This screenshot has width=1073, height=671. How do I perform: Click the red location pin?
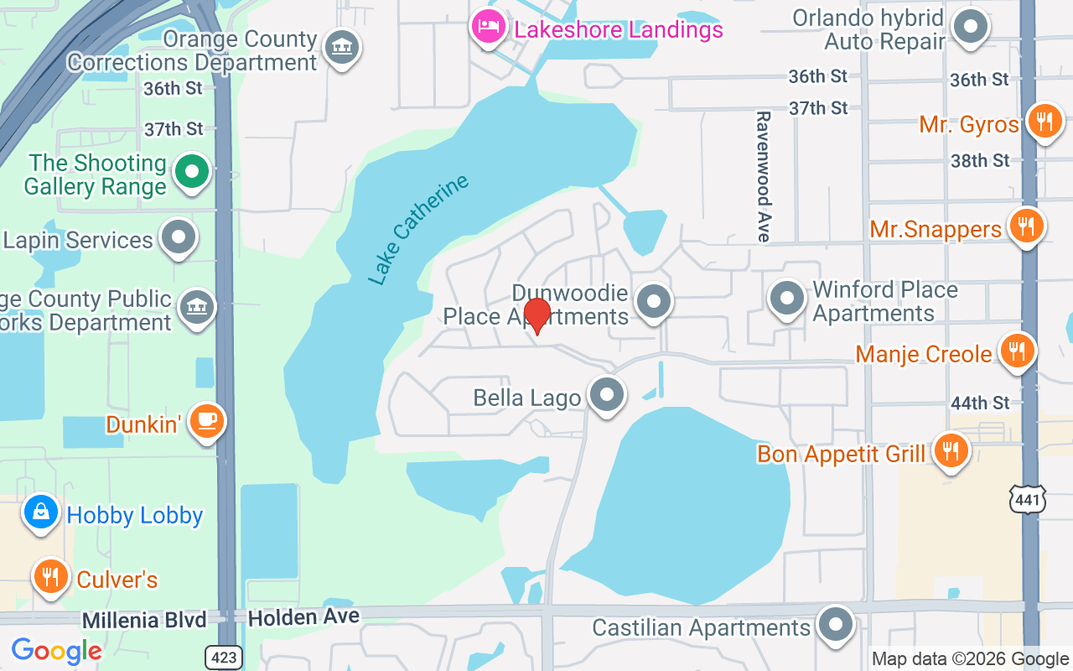pos(536,315)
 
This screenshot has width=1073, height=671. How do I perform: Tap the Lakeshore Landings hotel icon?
pos(487,27)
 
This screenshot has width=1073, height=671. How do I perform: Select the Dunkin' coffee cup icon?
pos(206,421)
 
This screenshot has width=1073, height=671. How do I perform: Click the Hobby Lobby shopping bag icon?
pos(40,512)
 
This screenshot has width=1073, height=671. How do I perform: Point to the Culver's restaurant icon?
pos(51,577)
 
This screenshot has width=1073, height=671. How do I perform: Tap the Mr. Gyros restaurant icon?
pos(1044,122)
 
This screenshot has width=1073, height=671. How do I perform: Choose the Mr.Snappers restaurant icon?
pos(1025,226)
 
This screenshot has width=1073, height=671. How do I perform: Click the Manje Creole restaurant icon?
pos(1018,351)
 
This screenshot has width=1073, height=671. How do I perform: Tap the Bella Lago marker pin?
pos(607,394)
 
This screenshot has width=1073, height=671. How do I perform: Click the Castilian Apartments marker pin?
pos(835,625)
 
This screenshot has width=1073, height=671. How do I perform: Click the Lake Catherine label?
pos(418,230)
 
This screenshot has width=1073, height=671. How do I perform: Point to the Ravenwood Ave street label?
pos(763,176)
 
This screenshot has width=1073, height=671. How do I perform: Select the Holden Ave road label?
pos(303,617)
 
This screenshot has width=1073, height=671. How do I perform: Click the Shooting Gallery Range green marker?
pos(192,172)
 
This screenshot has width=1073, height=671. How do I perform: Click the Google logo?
pos(56,651)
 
